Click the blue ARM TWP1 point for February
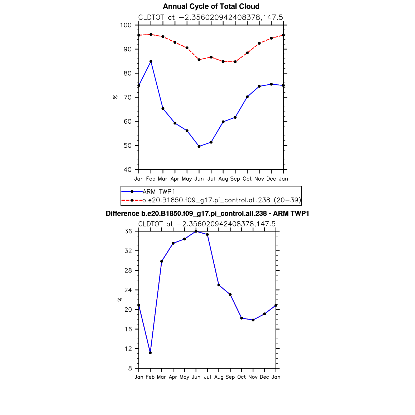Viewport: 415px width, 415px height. pyautogui.click(x=151, y=61)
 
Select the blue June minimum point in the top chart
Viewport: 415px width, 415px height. pyautogui.click(x=199, y=146)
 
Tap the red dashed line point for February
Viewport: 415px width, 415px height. pyautogui.click(x=151, y=35)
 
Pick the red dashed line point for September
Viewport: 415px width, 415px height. pyautogui.click(x=235, y=62)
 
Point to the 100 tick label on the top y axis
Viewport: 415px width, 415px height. pyautogui.click(x=126, y=25)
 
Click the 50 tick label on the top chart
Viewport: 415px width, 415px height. pyautogui.click(x=127, y=146)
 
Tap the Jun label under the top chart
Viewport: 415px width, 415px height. pyautogui.click(x=199, y=179)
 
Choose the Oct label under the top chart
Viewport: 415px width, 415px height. pyautogui.click(x=247, y=179)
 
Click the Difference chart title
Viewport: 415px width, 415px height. pyautogui.click(x=207, y=214)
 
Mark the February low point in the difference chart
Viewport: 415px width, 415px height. pyautogui.click(x=150, y=353)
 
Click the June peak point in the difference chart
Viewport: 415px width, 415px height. pyautogui.click(x=196, y=231)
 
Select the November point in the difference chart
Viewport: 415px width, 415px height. pyautogui.click(x=253, y=320)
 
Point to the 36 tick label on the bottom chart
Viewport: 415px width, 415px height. pyautogui.click(x=128, y=231)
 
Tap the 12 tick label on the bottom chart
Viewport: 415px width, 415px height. pyautogui.click(x=128, y=349)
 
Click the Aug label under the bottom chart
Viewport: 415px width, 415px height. pyautogui.click(x=219, y=377)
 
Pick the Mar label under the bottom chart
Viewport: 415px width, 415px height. pyautogui.click(x=161, y=377)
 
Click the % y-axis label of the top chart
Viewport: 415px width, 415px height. pyautogui.click(x=115, y=97)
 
